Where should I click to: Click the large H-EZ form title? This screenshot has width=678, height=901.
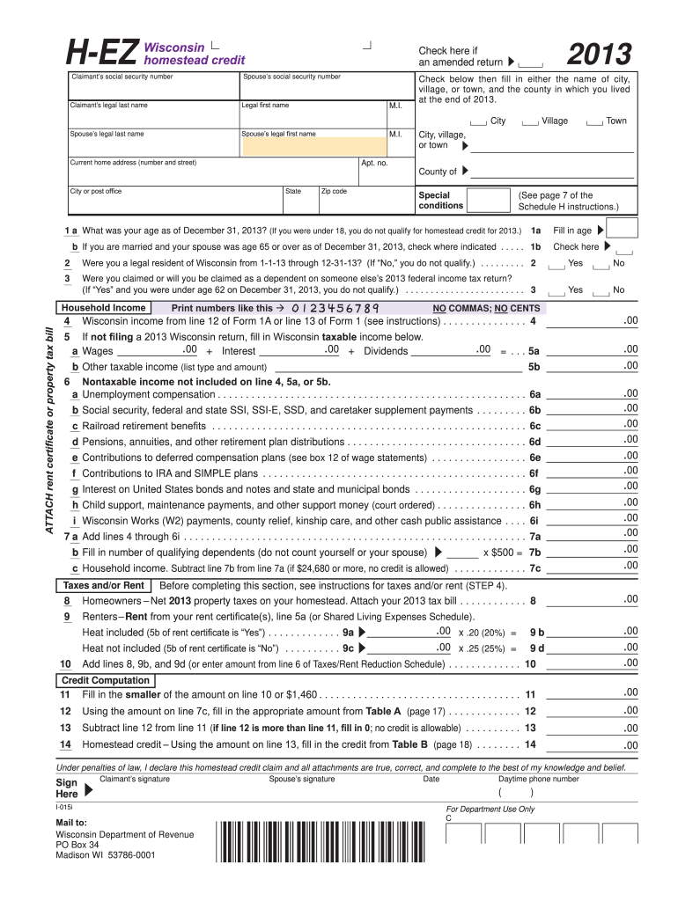pyautogui.click(x=95, y=55)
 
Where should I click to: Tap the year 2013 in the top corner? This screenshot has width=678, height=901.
pyautogui.click(x=599, y=55)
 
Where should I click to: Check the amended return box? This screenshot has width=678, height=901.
pyautogui.click(x=532, y=63)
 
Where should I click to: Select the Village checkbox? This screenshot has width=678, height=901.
pyautogui.click(x=531, y=121)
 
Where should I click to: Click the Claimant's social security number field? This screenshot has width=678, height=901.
pyautogui.click(x=155, y=88)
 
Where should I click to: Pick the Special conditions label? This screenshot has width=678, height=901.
pyautogui.click(x=440, y=200)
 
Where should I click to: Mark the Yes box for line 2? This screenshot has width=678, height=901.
pyautogui.click(x=557, y=264)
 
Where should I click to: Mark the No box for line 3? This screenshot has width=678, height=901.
pyautogui.click(x=602, y=290)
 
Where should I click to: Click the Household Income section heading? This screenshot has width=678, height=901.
pyautogui.click(x=103, y=308)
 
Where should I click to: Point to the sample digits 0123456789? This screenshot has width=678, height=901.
pyautogui.click(x=334, y=309)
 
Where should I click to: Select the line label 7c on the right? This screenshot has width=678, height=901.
pyautogui.click(x=534, y=568)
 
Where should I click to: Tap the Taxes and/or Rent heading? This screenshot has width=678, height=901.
pyautogui.click(x=103, y=585)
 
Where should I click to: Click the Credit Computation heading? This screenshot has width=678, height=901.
pyautogui.click(x=105, y=681)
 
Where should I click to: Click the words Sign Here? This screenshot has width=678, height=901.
pyautogui.click(x=67, y=787)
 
